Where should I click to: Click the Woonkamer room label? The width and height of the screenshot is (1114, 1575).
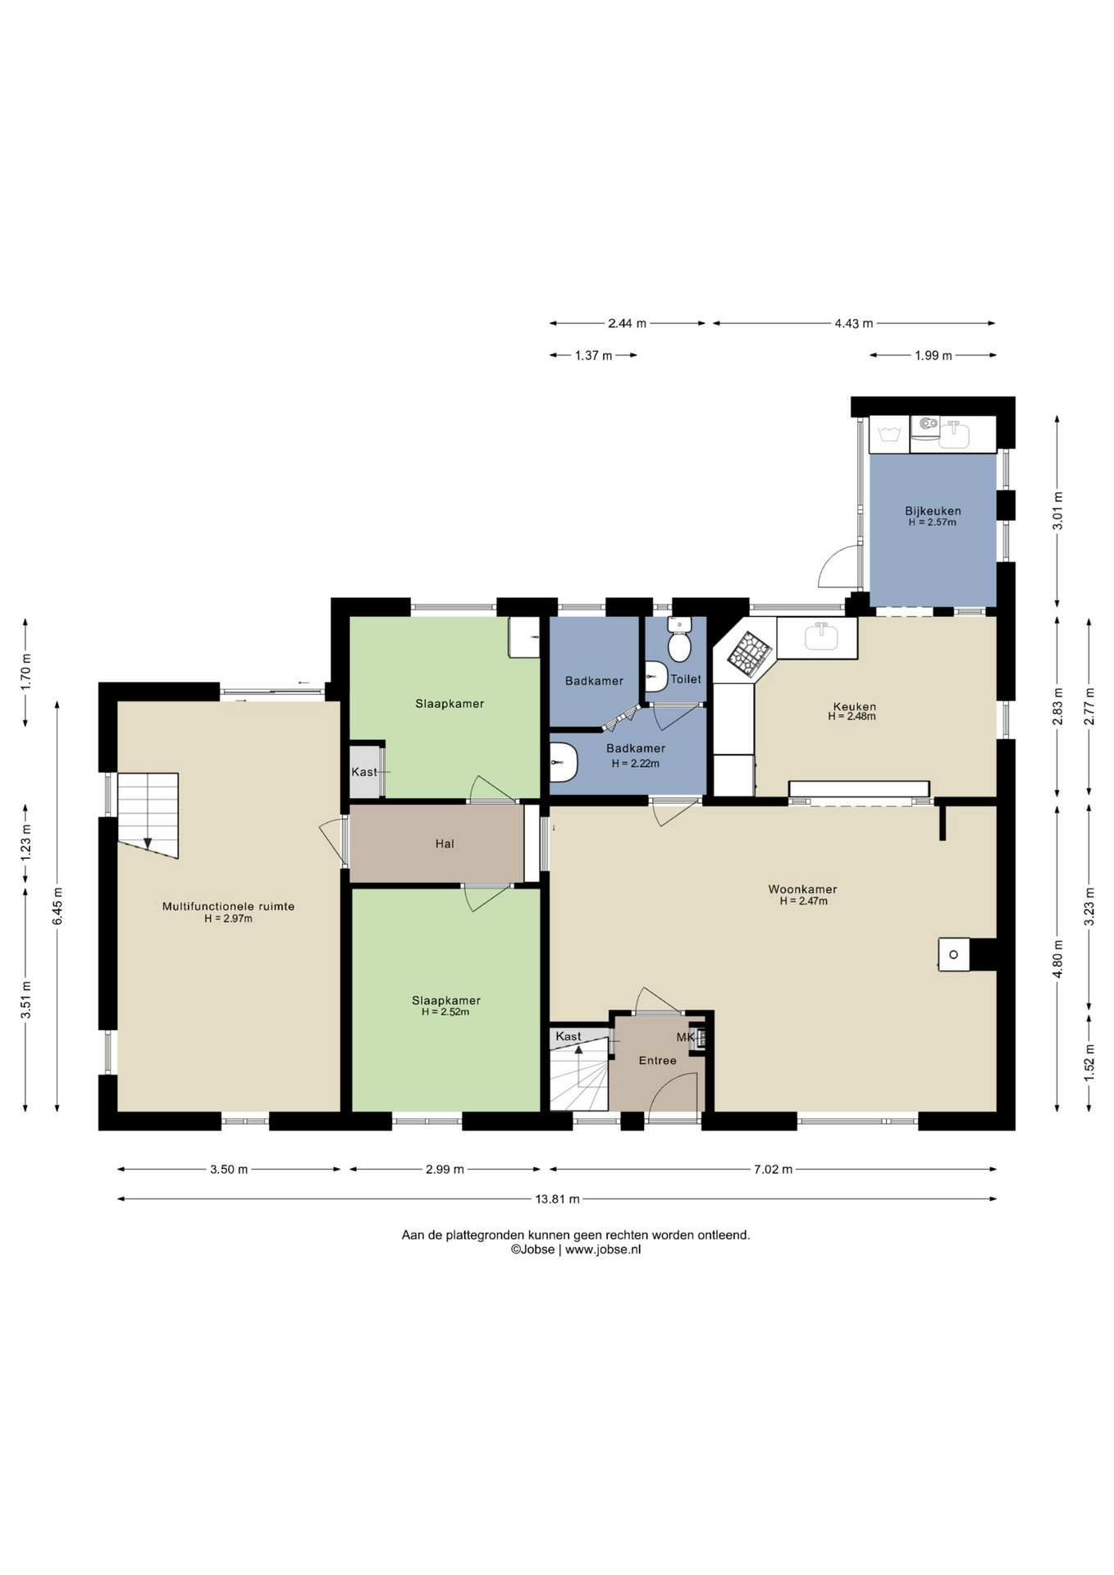pos(802,889)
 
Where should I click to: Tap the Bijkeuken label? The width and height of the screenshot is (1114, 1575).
pos(933,511)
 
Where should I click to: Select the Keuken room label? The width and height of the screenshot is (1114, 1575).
pos(854,706)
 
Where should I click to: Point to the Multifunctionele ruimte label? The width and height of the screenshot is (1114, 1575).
pos(228,906)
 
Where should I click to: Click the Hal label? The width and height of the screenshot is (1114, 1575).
pos(445,843)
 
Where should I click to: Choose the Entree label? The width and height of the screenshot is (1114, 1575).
pos(658,1061)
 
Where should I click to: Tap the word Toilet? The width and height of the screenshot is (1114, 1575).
pos(686,679)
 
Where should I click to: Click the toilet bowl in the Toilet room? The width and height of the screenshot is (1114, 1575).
pos(679,639)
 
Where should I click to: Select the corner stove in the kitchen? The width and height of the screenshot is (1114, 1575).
pos(750,654)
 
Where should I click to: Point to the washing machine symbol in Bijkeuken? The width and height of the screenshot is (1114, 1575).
pos(889,434)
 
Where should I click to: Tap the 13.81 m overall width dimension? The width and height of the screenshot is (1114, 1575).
pos(557,1198)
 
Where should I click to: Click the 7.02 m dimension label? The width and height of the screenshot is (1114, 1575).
pos(773,1169)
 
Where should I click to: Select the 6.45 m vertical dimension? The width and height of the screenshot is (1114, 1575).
pos(57,906)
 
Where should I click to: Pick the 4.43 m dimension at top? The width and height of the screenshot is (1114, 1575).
pos(854,323)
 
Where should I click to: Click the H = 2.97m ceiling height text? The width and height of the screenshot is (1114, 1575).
pos(228,919)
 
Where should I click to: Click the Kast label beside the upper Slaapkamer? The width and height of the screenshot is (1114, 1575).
pos(364,772)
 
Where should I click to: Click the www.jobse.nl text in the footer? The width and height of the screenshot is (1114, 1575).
pos(603,1249)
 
